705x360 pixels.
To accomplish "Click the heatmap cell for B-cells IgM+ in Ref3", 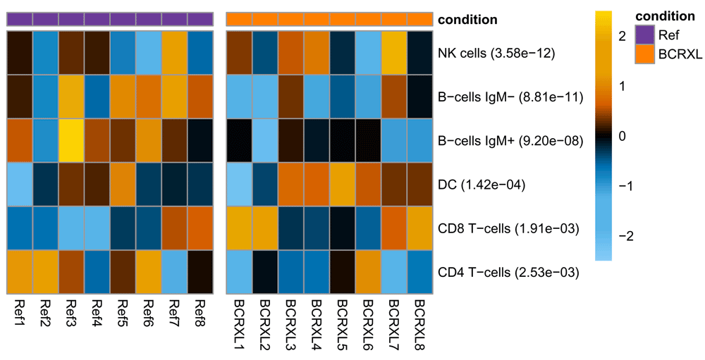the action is click(x=71, y=140).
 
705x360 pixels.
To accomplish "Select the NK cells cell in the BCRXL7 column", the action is click(x=394, y=53).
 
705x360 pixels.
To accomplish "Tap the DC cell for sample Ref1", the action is click(x=19, y=185).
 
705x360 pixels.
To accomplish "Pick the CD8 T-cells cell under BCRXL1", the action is click(x=239, y=228).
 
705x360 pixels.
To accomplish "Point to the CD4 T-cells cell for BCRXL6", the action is click(x=369, y=273).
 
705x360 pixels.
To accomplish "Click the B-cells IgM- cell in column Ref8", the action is click(x=200, y=97).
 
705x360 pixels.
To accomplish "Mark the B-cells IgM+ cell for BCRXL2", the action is click(x=265, y=140).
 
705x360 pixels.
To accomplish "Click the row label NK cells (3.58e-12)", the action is click(x=496, y=53).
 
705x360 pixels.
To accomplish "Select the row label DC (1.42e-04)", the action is click(x=482, y=185).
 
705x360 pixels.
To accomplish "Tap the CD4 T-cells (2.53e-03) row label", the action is click(x=508, y=273).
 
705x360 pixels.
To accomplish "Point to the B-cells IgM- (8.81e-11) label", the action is click(x=510, y=97).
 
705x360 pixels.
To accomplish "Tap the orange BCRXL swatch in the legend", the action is click(x=645, y=54).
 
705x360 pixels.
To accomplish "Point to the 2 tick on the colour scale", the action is click(x=623, y=37).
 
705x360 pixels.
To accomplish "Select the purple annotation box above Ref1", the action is click(x=19, y=19).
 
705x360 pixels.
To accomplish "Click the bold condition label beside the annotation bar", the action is click(x=467, y=20).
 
